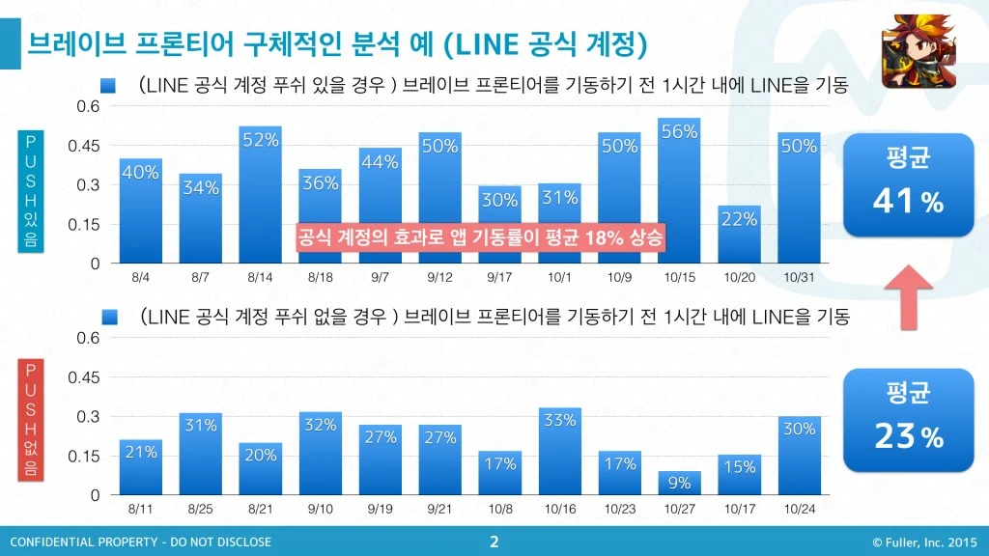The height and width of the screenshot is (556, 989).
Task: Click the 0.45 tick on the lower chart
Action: (85, 377)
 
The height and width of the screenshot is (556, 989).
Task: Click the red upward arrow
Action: (908, 296)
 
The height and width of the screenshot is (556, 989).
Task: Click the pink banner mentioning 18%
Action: (480, 237)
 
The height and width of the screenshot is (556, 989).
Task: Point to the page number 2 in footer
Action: (494, 542)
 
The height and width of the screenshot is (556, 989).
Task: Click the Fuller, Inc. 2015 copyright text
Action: (924, 542)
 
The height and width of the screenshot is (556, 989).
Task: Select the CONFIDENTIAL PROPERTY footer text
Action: (140, 542)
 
